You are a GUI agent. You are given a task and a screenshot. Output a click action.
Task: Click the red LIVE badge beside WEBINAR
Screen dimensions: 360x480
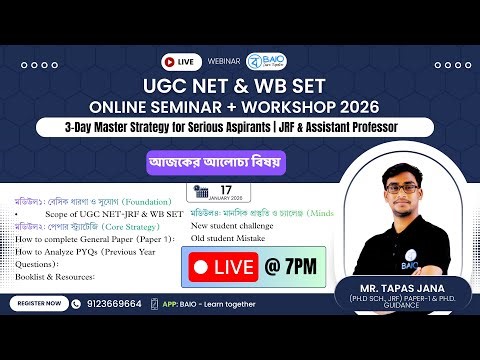click(x=187, y=61)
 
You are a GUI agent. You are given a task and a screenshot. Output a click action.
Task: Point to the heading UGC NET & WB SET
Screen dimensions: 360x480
click(x=240, y=84)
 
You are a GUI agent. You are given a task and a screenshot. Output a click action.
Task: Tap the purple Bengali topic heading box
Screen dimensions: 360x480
click(x=240, y=161)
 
